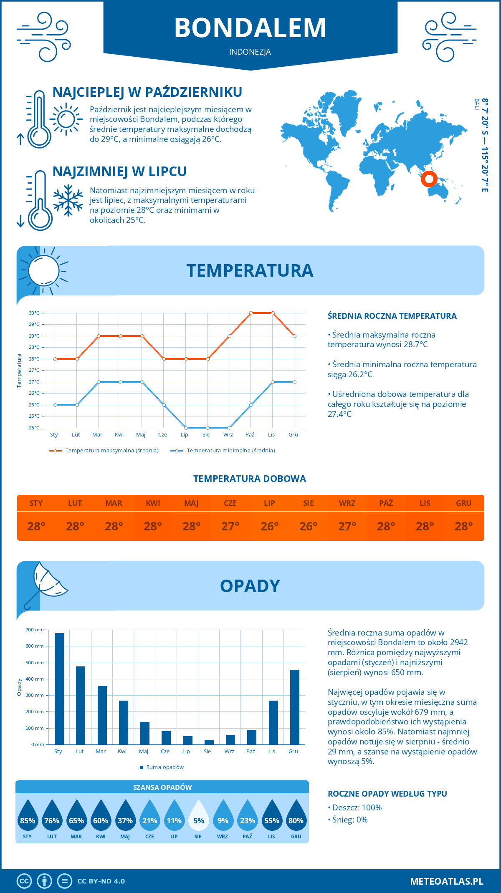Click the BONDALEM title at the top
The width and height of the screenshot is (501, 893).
pyautogui.click(x=250, y=28)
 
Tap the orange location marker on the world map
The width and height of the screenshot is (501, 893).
pyautogui.click(x=429, y=179)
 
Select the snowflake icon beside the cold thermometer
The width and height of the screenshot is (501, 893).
pyautogui.click(x=68, y=200)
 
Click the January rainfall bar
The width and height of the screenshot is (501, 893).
pyautogui.click(x=59, y=689)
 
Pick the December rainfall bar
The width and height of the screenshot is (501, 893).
pyautogui.click(x=295, y=707)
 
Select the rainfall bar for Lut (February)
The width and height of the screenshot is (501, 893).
pyautogui.click(x=81, y=705)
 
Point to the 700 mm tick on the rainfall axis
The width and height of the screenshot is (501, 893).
pyautogui.click(x=35, y=630)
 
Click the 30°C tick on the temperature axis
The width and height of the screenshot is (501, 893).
pyautogui.click(x=34, y=313)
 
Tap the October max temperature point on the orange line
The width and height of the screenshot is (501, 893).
pyautogui.click(x=251, y=313)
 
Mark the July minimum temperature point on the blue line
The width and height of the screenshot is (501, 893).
pyautogui.click(x=186, y=428)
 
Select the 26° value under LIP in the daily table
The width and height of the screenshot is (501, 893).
pyautogui.click(x=269, y=526)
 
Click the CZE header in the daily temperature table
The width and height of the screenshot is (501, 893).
pyautogui.click(x=230, y=503)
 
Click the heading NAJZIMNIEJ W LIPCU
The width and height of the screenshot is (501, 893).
pyautogui.click(x=119, y=172)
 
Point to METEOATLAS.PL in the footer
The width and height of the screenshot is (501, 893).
pyautogui.click(x=446, y=881)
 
